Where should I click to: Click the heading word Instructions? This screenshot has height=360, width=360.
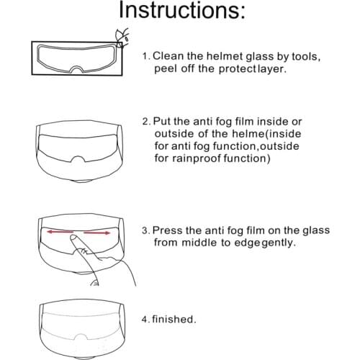pos(181,12)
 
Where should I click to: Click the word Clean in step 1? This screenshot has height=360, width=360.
pos(169,56)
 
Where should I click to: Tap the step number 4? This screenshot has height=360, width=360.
pos(145,318)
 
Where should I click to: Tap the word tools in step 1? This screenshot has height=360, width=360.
pos(294,56)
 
